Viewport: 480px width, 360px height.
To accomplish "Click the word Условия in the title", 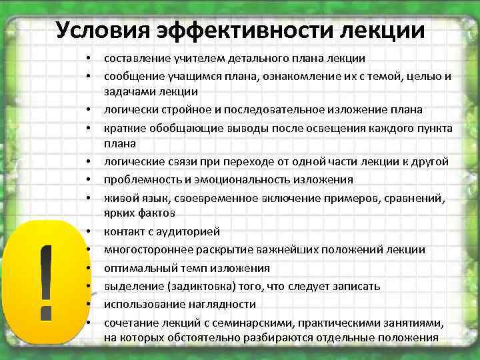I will coord(97,29).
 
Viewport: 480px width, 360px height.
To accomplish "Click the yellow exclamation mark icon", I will coord(45,280).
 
